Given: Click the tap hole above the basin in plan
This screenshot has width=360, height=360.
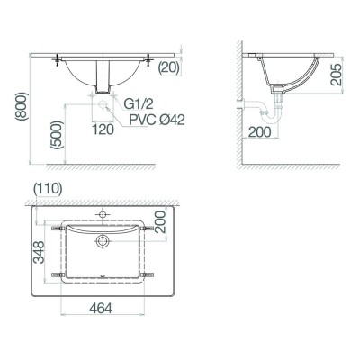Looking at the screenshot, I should click(x=102, y=212).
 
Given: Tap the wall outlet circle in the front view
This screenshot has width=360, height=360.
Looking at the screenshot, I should click(x=103, y=105).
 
